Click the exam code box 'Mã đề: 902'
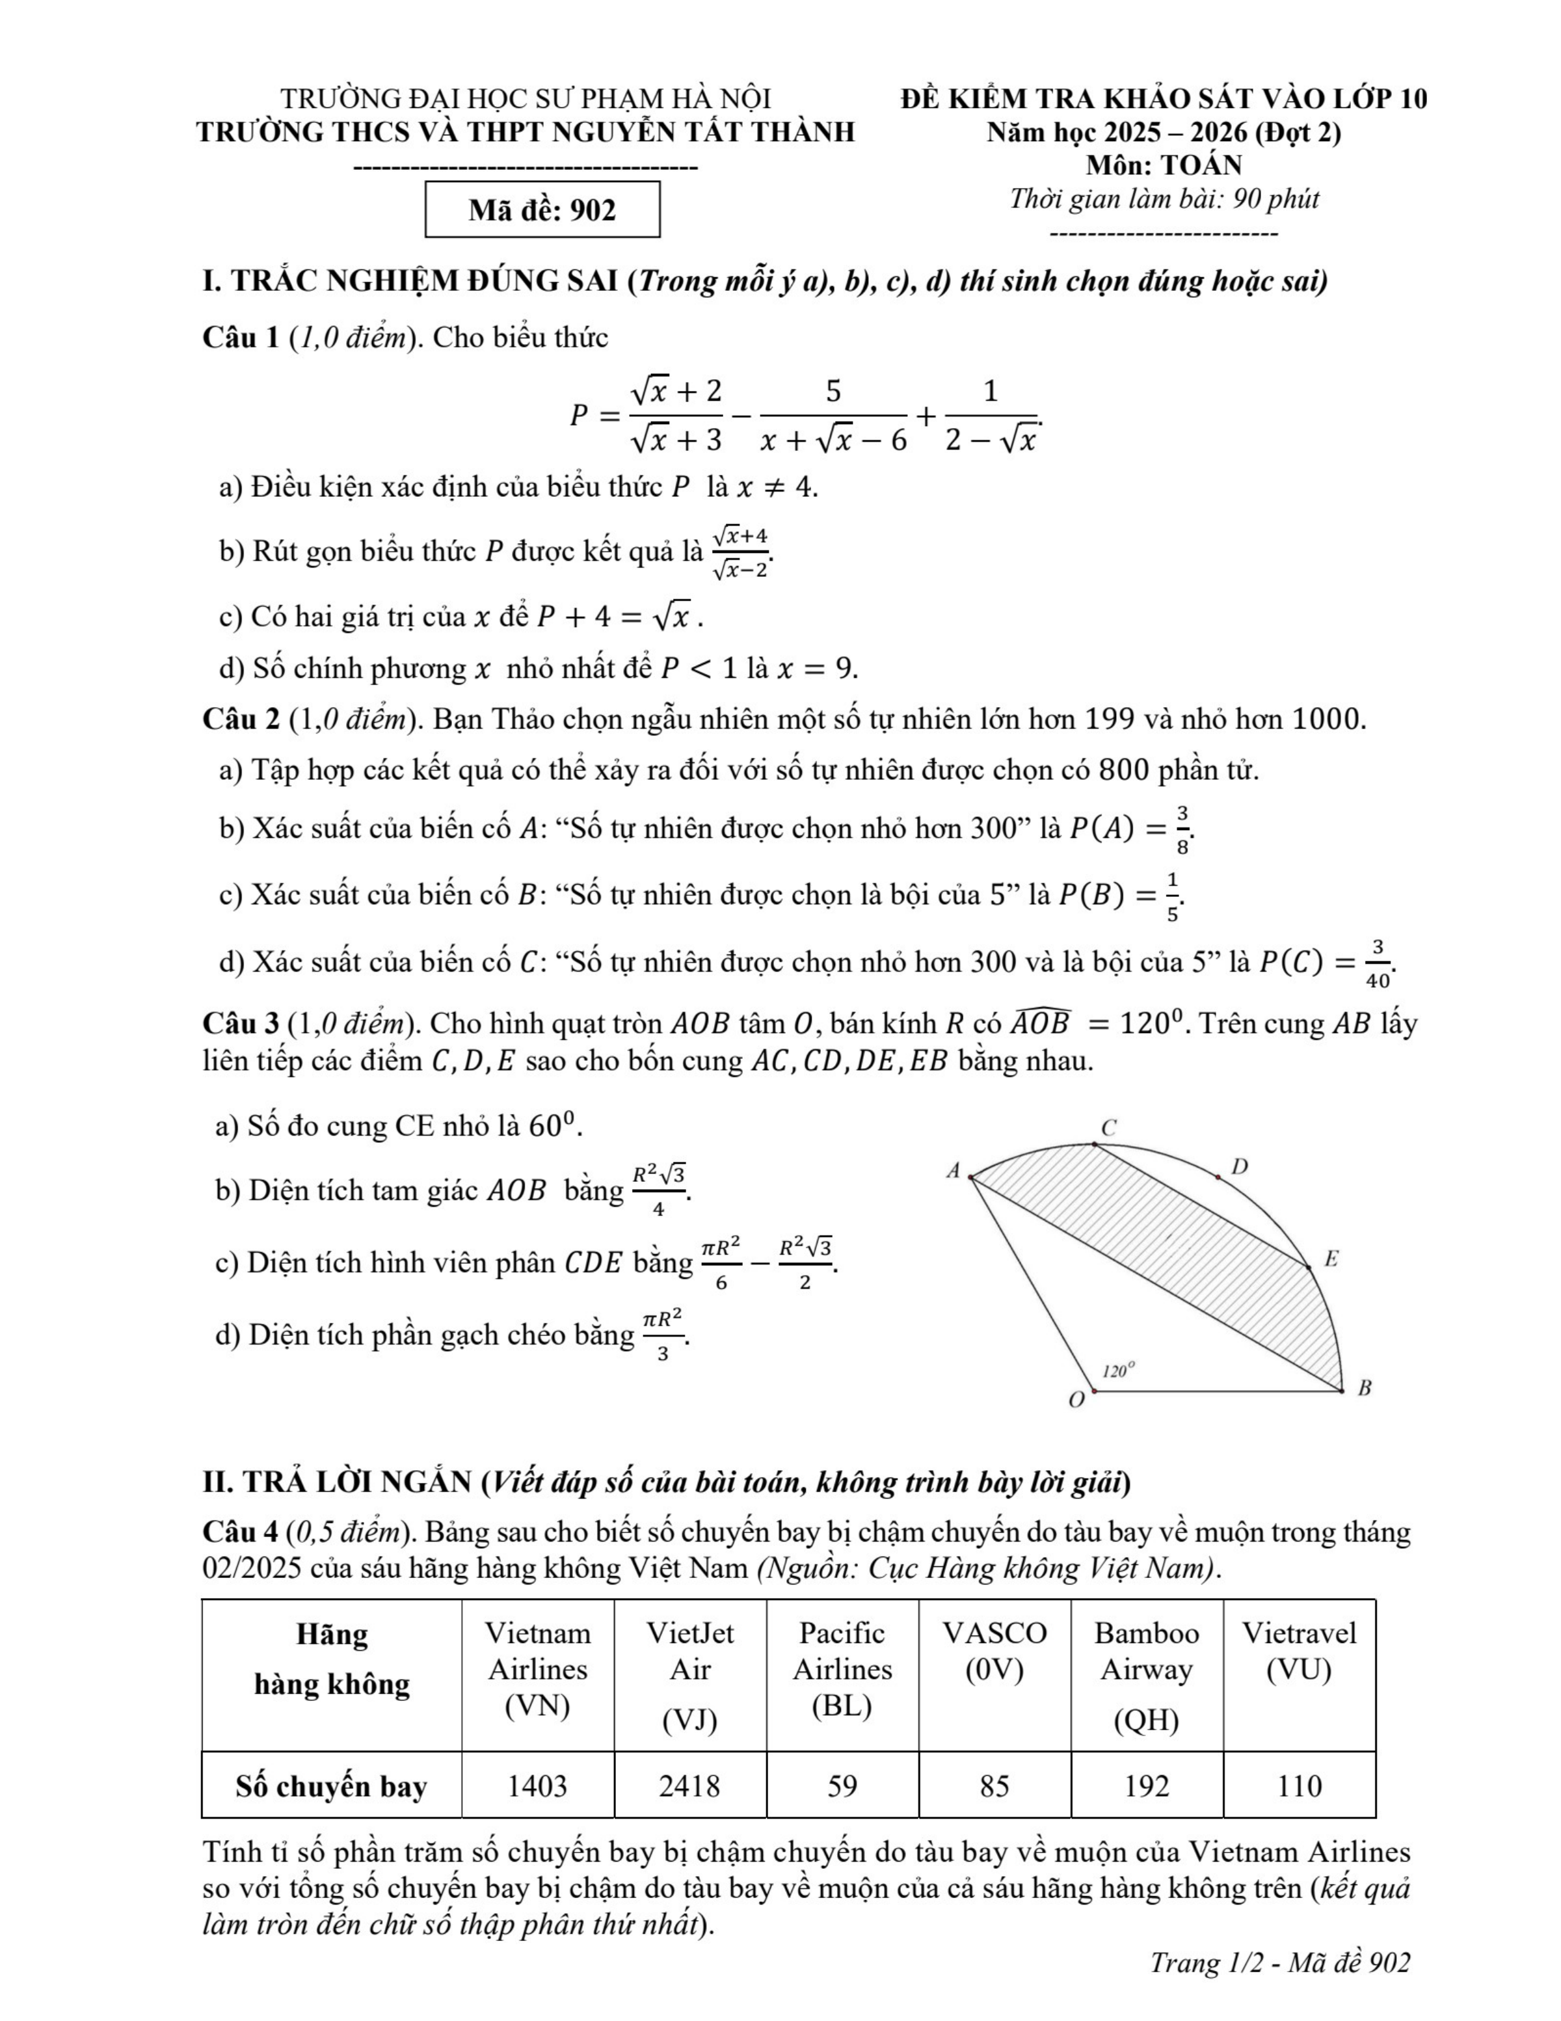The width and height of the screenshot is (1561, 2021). pyautogui.click(x=542, y=210)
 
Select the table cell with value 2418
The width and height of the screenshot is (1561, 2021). pyautogui.click(x=689, y=1785)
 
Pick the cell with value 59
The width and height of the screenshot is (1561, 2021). pyautogui.click(x=842, y=1785)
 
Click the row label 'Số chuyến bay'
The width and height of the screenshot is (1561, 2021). pyautogui.click(x=331, y=1785)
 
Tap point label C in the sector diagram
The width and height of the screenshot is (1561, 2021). pyautogui.click(x=1110, y=1128)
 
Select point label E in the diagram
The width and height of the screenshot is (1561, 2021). pyautogui.click(x=1331, y=1259)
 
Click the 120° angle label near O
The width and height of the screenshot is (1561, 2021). pyautogui.click(x=1119, y=1371)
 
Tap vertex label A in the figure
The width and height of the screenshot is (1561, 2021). pyautogui.click(x=953, y=1171)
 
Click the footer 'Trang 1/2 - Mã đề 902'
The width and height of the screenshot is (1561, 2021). pyautogui.click(x=1280, y=1962)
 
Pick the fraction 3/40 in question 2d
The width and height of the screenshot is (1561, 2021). pyautogui.click(x=1378, y=963)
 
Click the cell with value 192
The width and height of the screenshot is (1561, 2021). pyautogui.click(x=1147, y=1785)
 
